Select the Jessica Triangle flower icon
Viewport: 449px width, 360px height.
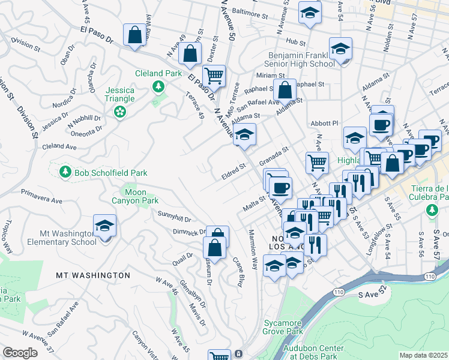(x=121, y=112)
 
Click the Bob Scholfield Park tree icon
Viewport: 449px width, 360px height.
(x=65, y=172)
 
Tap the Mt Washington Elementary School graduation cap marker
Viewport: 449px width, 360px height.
(x=105, y=227)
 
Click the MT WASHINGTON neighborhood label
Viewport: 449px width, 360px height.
(x=93, y=275)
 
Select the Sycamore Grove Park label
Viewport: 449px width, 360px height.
(x=283, y=327)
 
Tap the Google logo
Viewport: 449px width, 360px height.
(x=20, y=353)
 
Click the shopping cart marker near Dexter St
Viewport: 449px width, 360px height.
(x=213, y=76)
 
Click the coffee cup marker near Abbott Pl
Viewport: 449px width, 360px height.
(x=382, y=124)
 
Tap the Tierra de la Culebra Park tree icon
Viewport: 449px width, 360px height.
(x=431, y=210)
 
